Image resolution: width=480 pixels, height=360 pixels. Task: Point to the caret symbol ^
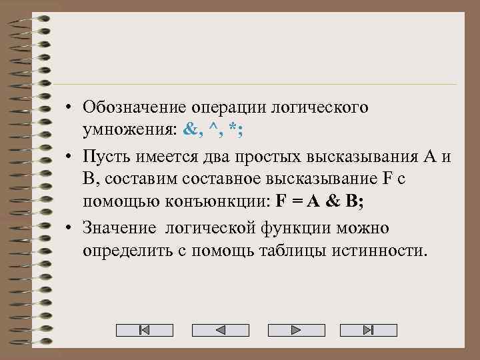pos(213,131)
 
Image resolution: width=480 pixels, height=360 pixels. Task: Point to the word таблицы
pos(304,253)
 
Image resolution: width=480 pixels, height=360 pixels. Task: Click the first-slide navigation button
pos(145,330)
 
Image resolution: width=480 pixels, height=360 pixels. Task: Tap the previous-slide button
pos(220,330)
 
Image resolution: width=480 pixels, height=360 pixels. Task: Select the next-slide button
pos(295,330)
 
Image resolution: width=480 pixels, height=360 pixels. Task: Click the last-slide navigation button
pos(369,330)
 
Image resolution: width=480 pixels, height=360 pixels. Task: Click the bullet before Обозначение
pos(69,107)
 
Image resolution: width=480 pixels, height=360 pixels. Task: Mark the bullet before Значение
pos(69,228)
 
